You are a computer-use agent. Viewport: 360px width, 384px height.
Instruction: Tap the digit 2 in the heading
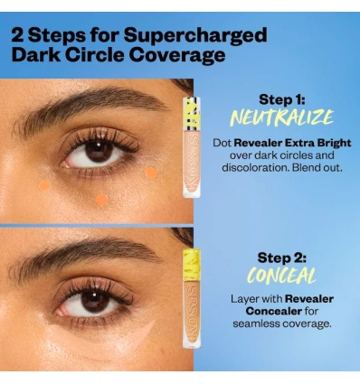point(19,35)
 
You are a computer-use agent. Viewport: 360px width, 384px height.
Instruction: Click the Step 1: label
point(283,99)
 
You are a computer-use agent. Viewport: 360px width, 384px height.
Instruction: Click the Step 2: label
point(283,258)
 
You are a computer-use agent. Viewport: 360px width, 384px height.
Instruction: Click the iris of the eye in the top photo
point(97,150)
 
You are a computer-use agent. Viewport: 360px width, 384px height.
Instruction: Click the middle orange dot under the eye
point(102,199)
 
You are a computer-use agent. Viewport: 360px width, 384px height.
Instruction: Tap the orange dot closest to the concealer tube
point(151,172)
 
